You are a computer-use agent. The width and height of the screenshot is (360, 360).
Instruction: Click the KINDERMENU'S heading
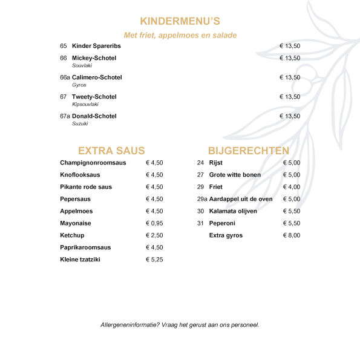pos(180,22)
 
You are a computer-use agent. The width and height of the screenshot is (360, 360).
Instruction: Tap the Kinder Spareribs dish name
pos(96,46)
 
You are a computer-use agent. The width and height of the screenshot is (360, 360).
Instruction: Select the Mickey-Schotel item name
pos(94,58)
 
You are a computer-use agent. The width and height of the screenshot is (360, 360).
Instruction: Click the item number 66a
pos(65,77)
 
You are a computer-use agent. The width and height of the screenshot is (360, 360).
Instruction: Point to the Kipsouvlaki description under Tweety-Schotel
pos(85,104)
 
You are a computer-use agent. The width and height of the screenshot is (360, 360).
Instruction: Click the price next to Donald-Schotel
pos(290,116)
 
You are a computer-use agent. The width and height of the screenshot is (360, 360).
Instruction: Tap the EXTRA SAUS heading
pos(111,151)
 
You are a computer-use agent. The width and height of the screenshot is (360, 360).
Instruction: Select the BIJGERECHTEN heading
pos(248,151)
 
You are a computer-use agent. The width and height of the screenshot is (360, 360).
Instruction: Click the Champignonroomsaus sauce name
pos(93,163)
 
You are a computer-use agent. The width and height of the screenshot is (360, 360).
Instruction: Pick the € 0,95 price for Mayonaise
pos(154,223)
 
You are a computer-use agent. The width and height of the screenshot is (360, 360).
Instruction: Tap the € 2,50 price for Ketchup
pos(154,235)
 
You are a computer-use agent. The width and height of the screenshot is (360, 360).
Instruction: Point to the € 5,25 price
pos(154,260)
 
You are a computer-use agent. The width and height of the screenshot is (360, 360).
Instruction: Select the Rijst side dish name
pos(216,163)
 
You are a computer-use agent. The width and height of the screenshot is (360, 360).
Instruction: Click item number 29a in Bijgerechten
pos(202,199)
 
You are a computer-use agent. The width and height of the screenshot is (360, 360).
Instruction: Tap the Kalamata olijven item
pos(233,211)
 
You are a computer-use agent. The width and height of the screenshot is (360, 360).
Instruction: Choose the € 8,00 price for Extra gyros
pos(291,235)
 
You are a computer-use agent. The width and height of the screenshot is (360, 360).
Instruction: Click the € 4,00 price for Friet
pos(291,187)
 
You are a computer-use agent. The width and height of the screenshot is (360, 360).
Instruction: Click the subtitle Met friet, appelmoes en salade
pos(180,35)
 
